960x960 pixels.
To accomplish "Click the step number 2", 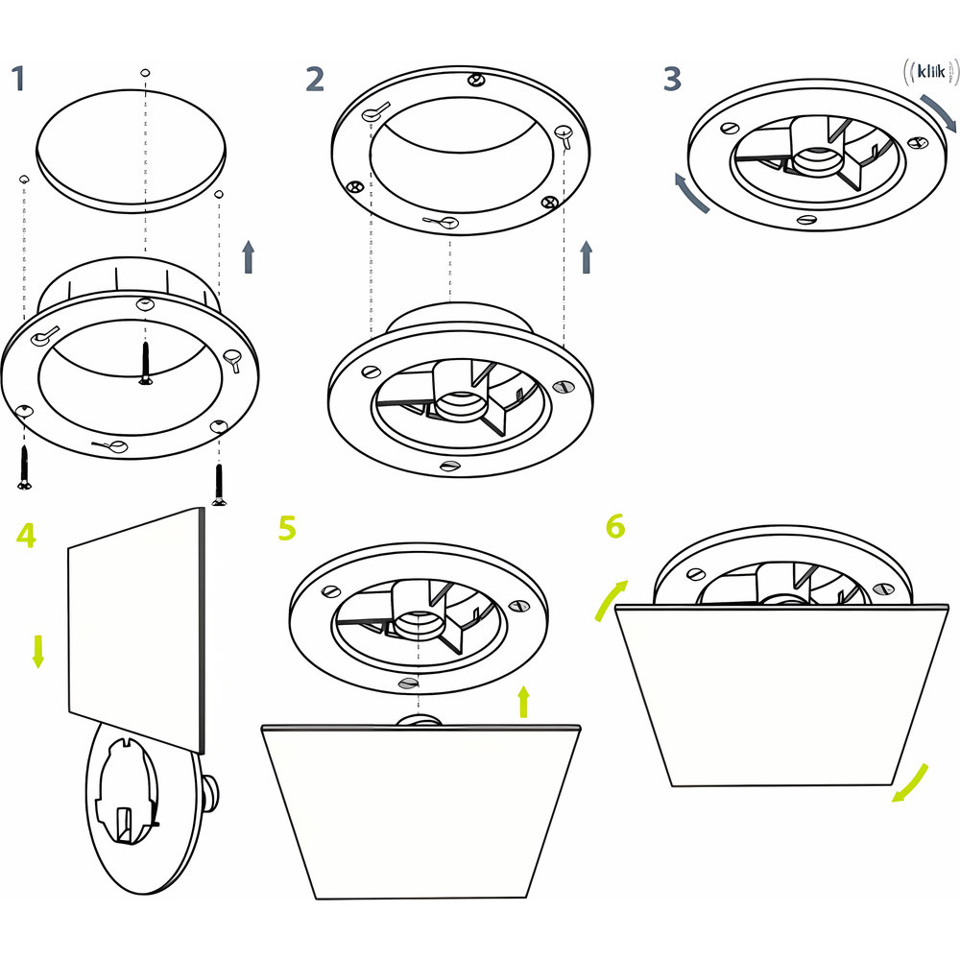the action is click(x=315, y=79).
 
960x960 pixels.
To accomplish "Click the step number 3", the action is click(x=672, y=79).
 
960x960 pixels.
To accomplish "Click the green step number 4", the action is click(x=26, y=535).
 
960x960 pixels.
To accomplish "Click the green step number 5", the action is click(x=287, y=528).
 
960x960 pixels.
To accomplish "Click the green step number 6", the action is click(x=615, y=526).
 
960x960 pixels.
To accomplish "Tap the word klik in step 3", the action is click(x=931, y=72).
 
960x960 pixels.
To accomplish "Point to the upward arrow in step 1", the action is click(x=248, y=256).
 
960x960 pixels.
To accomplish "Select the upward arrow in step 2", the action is click(x=587, y=256).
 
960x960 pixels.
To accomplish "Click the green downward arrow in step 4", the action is click(x=38, y=652).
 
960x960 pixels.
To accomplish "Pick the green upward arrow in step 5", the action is click(x=523, y=702).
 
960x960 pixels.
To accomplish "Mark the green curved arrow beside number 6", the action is click(x=611, y=599).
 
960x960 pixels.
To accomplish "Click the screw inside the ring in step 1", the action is click(x=145, y=363).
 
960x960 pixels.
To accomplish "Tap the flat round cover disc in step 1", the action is click(x=131, y=151).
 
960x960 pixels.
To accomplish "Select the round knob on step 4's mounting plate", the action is click(x=211, y=793).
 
